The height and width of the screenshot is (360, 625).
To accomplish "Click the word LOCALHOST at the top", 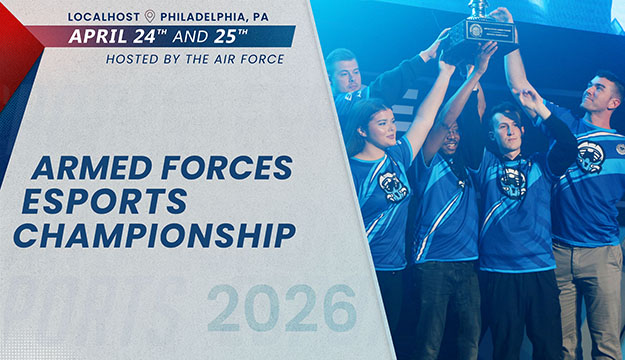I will pos(104,16).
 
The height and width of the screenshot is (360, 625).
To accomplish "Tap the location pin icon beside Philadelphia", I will pos(150,16).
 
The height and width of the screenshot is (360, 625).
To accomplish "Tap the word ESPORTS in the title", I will pos(104,201).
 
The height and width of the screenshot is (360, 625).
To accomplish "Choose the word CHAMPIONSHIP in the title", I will pos(155,235).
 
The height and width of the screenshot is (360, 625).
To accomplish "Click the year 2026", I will pos(282,307).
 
